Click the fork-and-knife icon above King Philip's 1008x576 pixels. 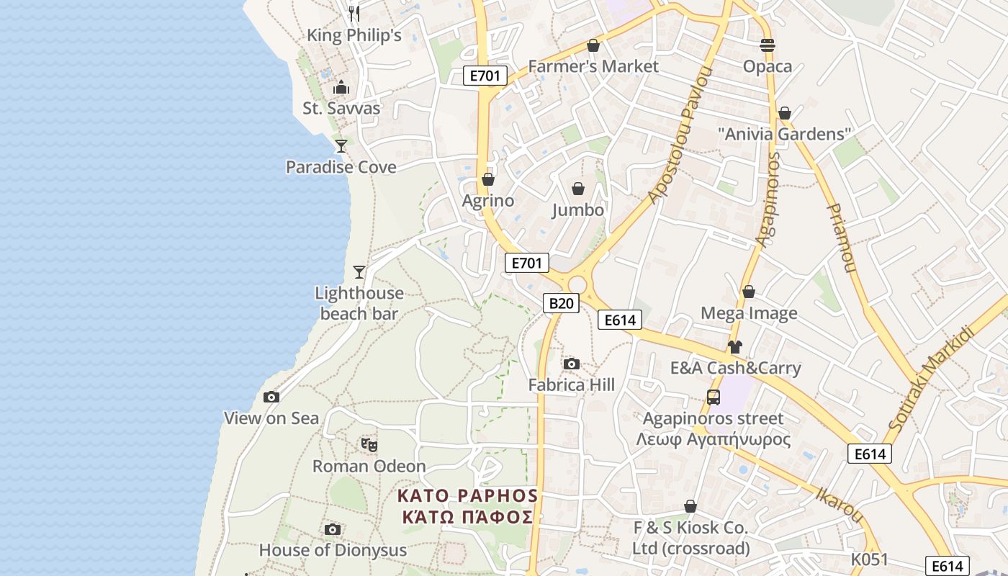354,13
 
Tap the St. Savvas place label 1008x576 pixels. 341,109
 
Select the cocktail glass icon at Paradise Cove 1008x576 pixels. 341,145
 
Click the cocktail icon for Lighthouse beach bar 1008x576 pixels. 359,271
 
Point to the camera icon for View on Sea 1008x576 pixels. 271,397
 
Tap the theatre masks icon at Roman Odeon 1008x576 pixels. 369,444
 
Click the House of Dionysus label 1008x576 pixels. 333,550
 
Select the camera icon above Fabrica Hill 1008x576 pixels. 572,364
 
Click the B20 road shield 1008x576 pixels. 561,303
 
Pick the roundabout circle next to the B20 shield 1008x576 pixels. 577,285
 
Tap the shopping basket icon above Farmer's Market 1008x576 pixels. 593,45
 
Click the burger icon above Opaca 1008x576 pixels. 768,45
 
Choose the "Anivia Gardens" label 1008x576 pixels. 785,134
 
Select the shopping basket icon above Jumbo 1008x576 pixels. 578,189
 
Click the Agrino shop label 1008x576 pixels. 488,201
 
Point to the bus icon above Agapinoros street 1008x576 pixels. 714,397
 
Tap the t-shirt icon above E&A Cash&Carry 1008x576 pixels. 734,346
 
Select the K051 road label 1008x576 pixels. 869,559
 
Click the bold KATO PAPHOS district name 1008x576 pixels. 468,496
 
